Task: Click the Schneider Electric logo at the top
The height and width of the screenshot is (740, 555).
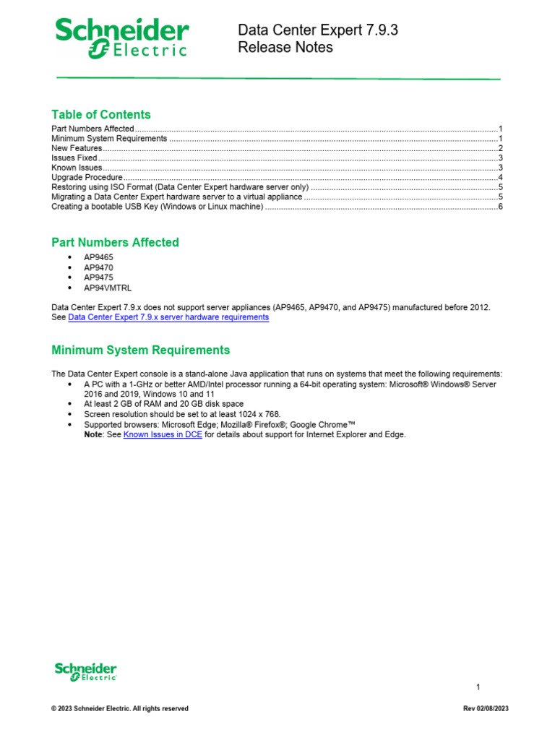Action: tap(122, 38)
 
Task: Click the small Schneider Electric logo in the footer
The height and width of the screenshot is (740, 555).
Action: tap(85, 671)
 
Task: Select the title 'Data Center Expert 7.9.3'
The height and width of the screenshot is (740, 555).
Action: tap(318, 30)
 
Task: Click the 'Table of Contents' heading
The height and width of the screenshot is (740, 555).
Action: tap(101, 114)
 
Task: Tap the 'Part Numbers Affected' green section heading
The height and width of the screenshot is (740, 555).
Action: tap(115, 242)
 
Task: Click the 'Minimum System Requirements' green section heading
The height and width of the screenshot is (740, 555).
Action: tap(140, 350)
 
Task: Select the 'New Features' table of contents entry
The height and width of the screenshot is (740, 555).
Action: tap(77, 148)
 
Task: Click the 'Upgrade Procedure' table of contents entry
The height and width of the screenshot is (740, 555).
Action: tap(87, 177)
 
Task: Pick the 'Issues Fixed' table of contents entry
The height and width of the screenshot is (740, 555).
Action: tap(74, 158)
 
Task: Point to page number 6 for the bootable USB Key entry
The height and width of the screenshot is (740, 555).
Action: tap(500, 207)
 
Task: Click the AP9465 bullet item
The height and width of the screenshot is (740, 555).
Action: tap(98, 257)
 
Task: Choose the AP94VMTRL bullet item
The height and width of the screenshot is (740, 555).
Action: tap(108, 288)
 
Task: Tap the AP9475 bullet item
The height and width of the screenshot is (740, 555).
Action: tap(98, 277)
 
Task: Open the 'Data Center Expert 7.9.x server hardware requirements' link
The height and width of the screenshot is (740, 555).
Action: tap(168, 317)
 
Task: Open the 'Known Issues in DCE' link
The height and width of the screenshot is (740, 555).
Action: tap(163, 434)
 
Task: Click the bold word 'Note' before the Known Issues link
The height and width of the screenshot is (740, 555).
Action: tap(94, 434)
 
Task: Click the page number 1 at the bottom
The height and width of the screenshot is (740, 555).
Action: tap(478, 687)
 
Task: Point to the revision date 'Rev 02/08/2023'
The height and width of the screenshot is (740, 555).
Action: tap(486, 709)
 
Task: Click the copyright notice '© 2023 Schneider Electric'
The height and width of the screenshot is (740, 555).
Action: tap(119, 709)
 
